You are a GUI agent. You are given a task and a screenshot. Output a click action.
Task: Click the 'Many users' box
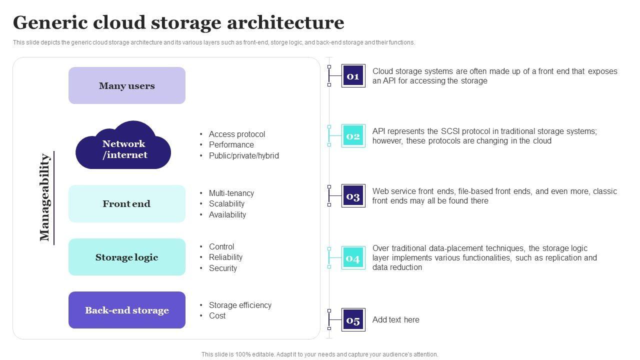coord(127,85)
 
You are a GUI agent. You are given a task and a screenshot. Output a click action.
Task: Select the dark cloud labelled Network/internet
coord(123,147)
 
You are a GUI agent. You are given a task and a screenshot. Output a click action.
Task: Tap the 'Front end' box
coord(127,203)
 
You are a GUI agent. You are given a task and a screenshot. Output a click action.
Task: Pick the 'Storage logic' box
coord(127,257)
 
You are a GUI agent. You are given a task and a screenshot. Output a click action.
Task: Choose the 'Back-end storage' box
coord(127,310)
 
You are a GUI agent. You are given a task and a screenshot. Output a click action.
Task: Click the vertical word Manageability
coord(45,197)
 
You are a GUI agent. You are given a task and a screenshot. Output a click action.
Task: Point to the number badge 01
coord(353,76)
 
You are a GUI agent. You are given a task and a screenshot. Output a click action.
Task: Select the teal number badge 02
coord(353,136)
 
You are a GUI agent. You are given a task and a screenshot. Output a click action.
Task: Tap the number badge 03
coord(353,196)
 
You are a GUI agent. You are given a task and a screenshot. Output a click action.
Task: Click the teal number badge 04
coord(353,258)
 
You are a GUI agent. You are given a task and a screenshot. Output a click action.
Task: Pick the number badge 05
coord(353,320)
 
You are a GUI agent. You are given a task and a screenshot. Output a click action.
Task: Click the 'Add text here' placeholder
coord(395,320)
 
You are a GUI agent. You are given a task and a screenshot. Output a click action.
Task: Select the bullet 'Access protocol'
coord(237,134)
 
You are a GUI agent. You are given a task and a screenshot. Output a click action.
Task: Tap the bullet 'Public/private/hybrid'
coord(243,155)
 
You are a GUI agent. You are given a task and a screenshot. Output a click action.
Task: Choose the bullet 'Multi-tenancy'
coord(231,193)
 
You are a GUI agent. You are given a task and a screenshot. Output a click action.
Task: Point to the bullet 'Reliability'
coord(225,257)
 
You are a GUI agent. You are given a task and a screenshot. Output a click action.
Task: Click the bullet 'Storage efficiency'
coord(240,305)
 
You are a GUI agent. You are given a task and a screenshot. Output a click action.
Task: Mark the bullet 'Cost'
coord(217,315)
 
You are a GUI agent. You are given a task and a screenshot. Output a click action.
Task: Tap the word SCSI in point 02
coord(449,131)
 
